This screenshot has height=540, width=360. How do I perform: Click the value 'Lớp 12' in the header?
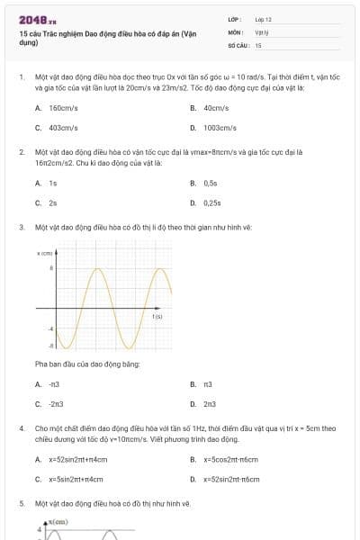tap(263, 19)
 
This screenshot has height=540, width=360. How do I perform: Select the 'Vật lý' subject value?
tap(262, 31)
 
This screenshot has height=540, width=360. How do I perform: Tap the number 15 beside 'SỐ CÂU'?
tap(258, 44)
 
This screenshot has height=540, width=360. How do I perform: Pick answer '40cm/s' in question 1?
tap(216, 107)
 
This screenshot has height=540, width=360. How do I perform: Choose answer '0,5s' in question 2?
tap(211, 183)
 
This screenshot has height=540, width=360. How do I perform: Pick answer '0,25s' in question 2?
tap(212, 202)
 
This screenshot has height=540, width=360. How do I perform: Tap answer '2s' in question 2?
tap(53, 202)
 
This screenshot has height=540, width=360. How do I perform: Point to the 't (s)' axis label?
tap(157, 317)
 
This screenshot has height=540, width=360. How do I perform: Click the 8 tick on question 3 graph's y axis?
tap(51, 268)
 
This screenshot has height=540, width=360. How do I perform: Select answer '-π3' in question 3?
tap(54, 384)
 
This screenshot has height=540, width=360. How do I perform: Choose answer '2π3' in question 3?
tap(210, 404)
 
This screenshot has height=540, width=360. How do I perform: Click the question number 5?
tap(22, 504)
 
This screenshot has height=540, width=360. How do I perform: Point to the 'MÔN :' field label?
tap(236, 31)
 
